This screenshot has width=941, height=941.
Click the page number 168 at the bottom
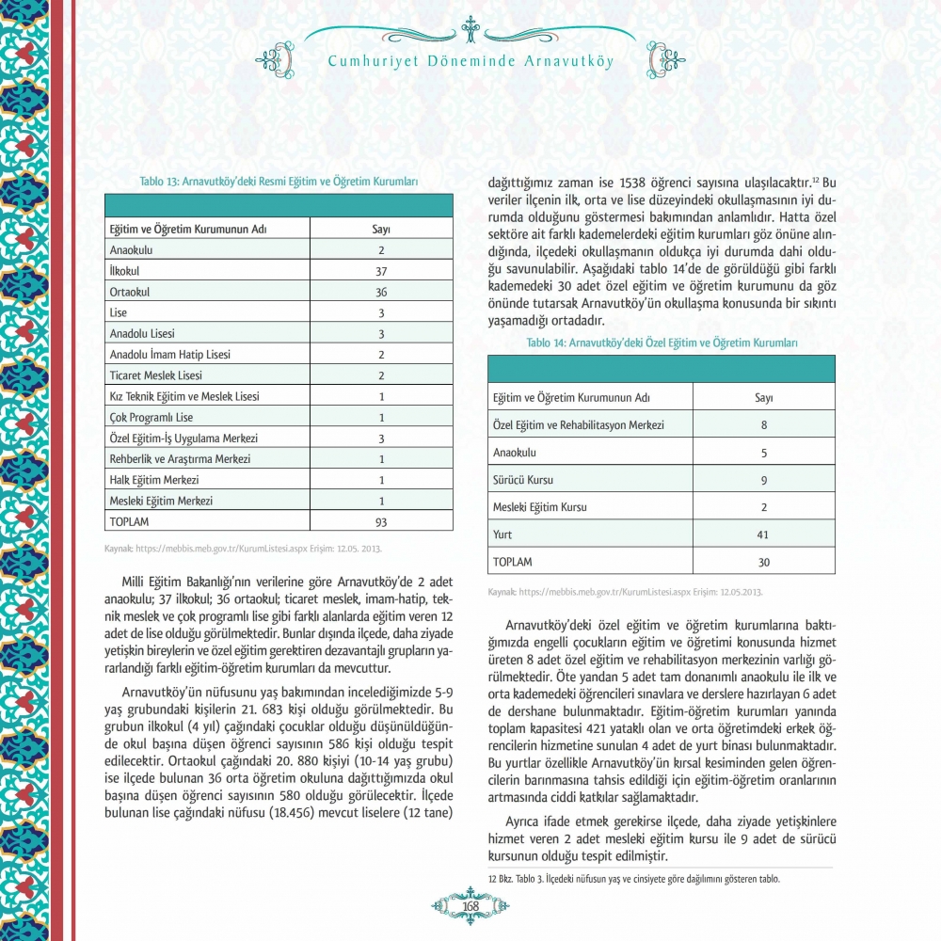click(x=471, y=905)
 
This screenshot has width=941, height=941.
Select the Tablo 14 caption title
click(x=662, y=343)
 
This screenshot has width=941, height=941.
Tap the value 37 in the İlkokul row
click(x=381, y=271)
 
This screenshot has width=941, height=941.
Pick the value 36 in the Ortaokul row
click(x=381, y=292)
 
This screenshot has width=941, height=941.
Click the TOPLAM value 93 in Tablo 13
click(x=381, y=521)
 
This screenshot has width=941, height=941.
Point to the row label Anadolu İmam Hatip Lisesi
click(x=170, y=355)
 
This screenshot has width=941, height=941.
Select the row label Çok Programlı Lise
click(x=152, y=417)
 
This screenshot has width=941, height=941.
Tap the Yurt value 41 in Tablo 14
click(x=763, y=534)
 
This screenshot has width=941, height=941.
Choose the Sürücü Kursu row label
click(x=523, y=480)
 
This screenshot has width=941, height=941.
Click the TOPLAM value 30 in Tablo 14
click(x=763, y=562)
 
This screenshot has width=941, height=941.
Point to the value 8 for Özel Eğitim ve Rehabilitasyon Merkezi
click(x=763, y=425)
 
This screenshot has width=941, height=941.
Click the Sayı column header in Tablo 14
click(x=763, y=397)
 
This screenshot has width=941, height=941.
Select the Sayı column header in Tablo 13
click(x=381, y=230)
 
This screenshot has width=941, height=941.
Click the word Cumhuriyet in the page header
click(x=375, y=62)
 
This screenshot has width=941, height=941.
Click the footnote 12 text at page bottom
click(x=635, y=879)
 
